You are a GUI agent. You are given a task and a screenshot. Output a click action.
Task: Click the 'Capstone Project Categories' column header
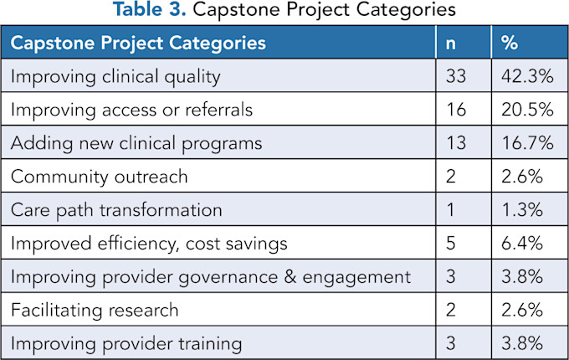tap(138, 43)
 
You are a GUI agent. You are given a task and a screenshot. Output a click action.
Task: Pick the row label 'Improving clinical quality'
tap(115, 77)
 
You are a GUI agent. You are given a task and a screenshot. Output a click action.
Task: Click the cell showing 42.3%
tap(526, 77)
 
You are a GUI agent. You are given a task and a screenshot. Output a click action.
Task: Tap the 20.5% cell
tap(526, 110)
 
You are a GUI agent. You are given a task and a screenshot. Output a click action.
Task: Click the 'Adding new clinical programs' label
tap(136, 143)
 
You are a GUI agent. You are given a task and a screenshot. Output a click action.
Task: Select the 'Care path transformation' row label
tap(116, 210)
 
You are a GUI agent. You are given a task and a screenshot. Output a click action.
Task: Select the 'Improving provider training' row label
tap(126, 343)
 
